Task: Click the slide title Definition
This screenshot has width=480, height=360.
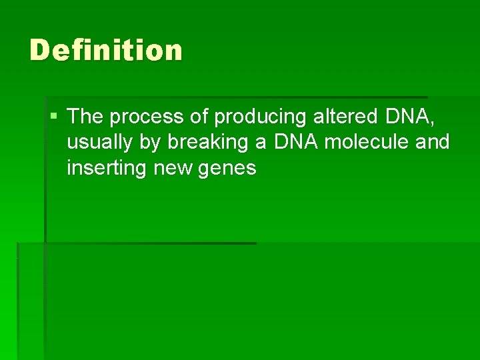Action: click(x=105, y=51)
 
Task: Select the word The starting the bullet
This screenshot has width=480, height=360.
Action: click(x=85, y=117)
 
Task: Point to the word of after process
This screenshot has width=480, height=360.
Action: click(x=199, y=117)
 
